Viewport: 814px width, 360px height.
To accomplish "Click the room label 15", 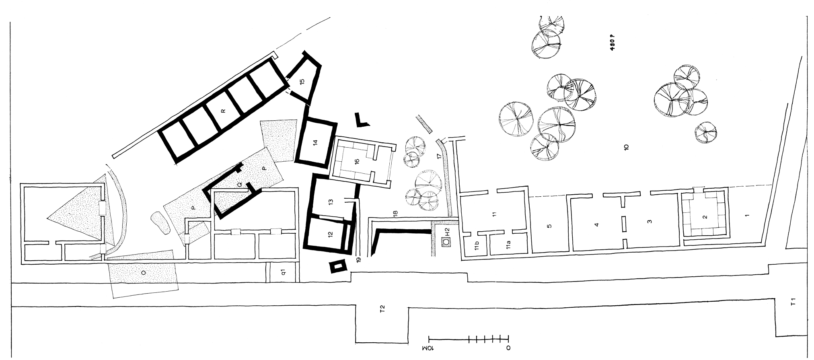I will click(x=302, y=81).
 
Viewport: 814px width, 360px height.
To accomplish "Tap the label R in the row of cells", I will click(x=223, y=111).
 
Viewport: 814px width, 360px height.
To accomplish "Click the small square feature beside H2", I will click(x=446, y=242).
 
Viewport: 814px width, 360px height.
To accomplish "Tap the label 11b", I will click(x=476, y=246).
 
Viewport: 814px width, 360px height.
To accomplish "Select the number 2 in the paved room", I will click(x=705, y=217).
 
